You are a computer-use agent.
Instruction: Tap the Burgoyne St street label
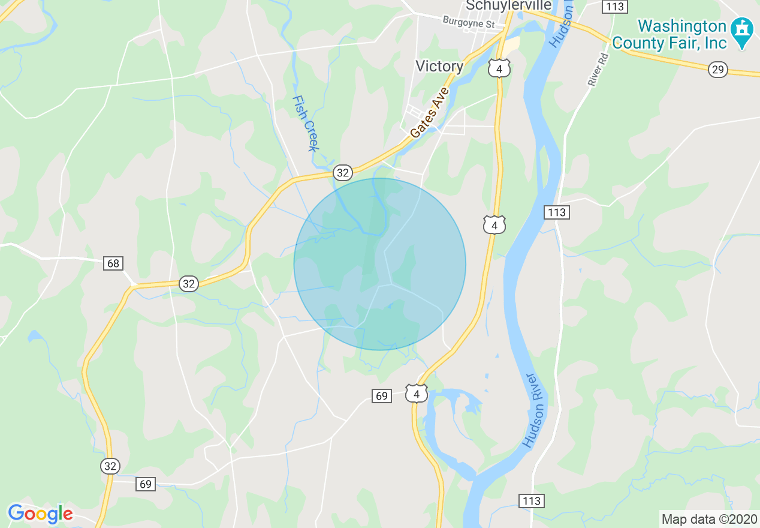click(468, 22)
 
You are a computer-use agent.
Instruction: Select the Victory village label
click(439, 66)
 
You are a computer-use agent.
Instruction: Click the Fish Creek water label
click(305, 123)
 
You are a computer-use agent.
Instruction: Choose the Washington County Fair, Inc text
click(681, 34)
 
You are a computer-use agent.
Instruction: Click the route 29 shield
click(717, 70)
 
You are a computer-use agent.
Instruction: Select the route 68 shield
click(113, 263)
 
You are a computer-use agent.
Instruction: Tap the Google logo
click(40, 514)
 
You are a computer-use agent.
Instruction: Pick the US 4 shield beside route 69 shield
click(416, 393)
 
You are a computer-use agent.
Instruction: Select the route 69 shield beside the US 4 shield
click(382, 395)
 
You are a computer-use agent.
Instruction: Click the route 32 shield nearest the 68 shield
click(189, 284)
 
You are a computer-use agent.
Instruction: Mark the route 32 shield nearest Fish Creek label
click(342, 173)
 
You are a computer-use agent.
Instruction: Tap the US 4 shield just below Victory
click(499, 68)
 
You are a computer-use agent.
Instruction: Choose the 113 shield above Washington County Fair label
click(615, 7)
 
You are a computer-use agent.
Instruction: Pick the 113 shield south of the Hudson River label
click(531, 501)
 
